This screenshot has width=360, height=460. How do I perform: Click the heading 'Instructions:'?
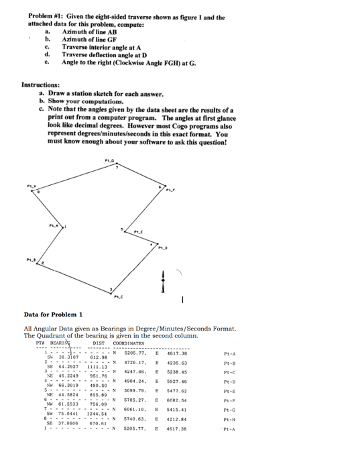tap(44, 87)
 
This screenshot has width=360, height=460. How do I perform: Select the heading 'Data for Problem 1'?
tap(53, 314)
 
